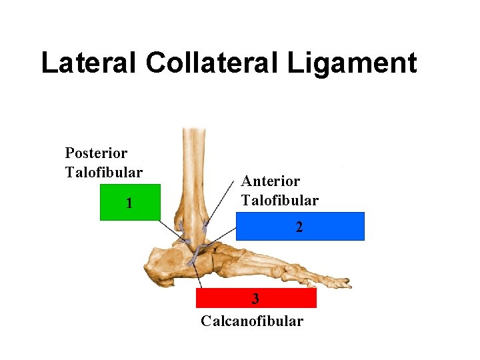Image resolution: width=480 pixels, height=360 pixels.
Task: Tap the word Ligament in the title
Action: pyautogui.click(x=353, y=63)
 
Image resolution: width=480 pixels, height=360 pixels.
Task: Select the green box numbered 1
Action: pyautogui.click(x=130, y=202)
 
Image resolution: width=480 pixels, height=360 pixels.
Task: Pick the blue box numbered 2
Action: pyautogui.click(x=300, y=226)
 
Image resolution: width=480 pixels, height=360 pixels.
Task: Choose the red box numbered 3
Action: pyautogui.click(x=255, y=298)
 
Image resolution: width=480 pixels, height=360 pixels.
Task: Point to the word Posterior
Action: pyautogui.click(x=96, y=153)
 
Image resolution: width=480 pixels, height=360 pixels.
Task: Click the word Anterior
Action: pyautogui.click(x=271, y=181)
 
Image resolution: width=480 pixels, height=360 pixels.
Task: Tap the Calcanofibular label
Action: pyautogui.click(x=252, y=321)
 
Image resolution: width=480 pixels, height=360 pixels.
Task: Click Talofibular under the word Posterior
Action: pyautogui.click(x=103, y=172)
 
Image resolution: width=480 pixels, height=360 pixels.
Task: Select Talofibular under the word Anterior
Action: pyautogui.click(x=280, y=200)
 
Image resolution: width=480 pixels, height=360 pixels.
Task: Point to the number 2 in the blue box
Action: pyautogui.click(x=299, y=227)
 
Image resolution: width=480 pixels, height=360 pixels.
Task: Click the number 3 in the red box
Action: pyautogui.click(x=255, y=298)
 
